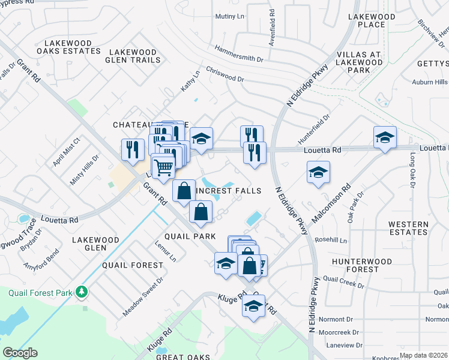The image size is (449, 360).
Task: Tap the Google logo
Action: click(x=20, y=353)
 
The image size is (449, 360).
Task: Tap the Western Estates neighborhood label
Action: click(x=408, y=228)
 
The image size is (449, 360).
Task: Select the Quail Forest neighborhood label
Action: click(x=133, y=265)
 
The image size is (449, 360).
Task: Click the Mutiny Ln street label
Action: click(x=231, y=16)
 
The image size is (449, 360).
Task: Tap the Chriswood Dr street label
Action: click(x=225, y=78)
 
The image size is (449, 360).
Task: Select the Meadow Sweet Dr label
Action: click(x=143, y=296)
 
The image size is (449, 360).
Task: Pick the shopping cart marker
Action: click(x=163, y=167)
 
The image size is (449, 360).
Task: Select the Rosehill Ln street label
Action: click(x=335, y=240)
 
